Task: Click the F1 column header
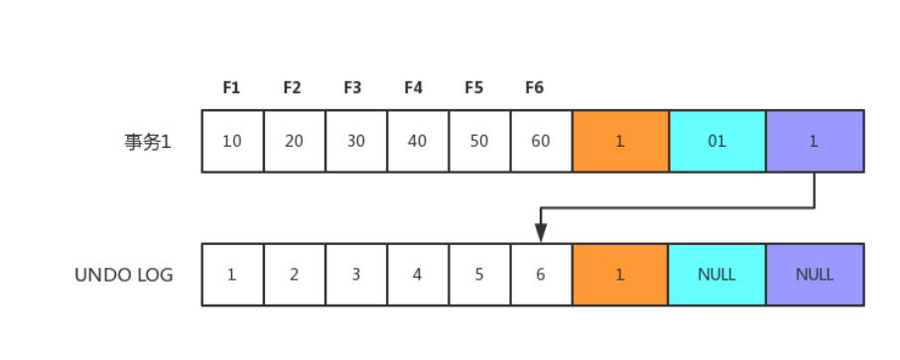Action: tap(231, 87)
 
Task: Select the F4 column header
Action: tap(413, 87)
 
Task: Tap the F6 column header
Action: tap(535, 87)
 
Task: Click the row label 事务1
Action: tap(148, 141)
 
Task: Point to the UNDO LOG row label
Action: tap(124, 275)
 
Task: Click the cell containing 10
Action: tap(232, 141)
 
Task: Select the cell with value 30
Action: tap(356, 141)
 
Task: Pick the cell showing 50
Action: tap(479, 141)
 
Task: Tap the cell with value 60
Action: tap(541, 141)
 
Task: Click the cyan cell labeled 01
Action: tap(716, 141)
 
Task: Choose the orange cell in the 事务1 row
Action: tap(620, 141)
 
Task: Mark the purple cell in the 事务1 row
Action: tap(815, 141)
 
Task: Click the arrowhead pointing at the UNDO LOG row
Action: tap(541, 233)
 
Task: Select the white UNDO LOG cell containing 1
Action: tap(232, 275)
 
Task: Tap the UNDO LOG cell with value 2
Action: tap(295, 275)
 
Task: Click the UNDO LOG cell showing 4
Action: tap(418, 275)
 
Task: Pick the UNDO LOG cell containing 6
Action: tap(541, 275)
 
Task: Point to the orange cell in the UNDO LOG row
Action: tap(620, 275)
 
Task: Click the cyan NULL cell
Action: tap(716, 275)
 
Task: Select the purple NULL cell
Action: tap(815, 275)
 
